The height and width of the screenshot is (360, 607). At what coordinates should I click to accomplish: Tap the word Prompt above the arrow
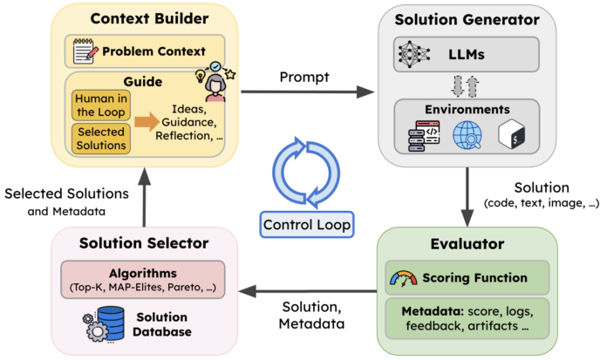(x=303, y=77)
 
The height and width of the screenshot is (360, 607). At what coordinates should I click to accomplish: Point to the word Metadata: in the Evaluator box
(x=424, y=309)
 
